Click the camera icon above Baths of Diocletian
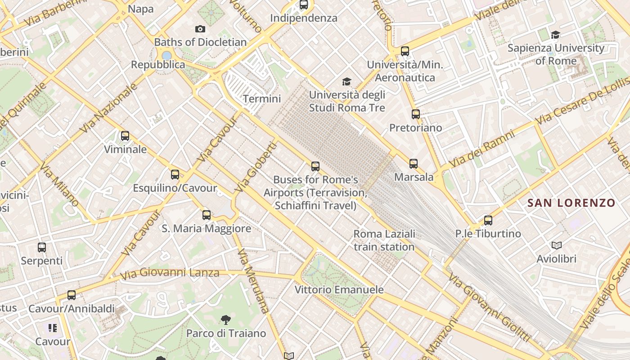(x=200, y=29)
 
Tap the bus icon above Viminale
(x=125, y=136)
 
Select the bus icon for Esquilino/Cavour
(x=175, y=175)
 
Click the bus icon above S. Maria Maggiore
(x=207, y=215)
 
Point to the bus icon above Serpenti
(x=42, y=247)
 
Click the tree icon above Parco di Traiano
(x=226, y=320)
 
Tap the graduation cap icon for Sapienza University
(x=556, y=35)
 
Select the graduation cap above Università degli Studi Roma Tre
(x=346, y=81)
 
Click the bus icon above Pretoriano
(x=416, y=114)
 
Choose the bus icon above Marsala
(x=414, y=164)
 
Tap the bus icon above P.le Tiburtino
(x=488, y=220)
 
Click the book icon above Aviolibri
(x=557, y=246)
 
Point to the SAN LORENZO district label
(x=571, y=203)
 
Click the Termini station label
(x=262, y=99)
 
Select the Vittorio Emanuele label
(x=339, y=290)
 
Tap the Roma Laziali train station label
(x=384, y=240)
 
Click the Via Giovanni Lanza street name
(x=170, y=273)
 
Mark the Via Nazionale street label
(x=108, y=108)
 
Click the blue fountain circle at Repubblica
(x=167, y=56)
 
